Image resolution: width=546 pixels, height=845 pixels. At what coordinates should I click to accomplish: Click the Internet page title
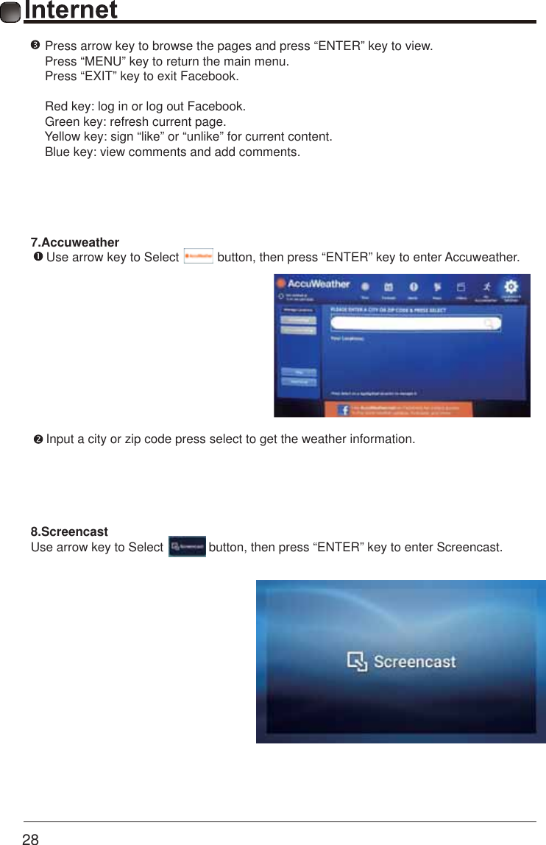tap(71, 10)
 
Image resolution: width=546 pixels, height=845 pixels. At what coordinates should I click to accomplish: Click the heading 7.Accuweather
tap(74, 243)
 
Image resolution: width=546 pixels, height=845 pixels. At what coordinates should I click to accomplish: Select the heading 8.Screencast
tap(69, 531)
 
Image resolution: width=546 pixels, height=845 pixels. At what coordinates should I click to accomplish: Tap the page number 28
tap(30, 838)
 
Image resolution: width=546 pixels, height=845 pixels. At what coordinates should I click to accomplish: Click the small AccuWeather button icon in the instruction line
tap(198, 257)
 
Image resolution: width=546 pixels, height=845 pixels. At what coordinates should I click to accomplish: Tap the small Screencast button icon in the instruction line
tap(187, 547)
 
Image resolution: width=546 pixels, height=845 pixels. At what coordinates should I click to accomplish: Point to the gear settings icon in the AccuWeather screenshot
tap(511, 286)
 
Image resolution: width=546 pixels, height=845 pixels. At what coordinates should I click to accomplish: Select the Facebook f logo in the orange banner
tap(344, 410)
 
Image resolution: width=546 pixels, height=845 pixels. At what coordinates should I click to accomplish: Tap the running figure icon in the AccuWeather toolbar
tap(486, 286)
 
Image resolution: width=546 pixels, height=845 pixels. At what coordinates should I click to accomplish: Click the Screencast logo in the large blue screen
tap(401, 662)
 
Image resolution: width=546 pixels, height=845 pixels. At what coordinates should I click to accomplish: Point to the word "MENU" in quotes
tap(103, 61)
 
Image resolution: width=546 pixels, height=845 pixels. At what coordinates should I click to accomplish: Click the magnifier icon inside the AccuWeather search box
tap(489, 324)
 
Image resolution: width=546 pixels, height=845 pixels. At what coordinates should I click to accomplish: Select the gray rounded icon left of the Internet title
tap(11, 12)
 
